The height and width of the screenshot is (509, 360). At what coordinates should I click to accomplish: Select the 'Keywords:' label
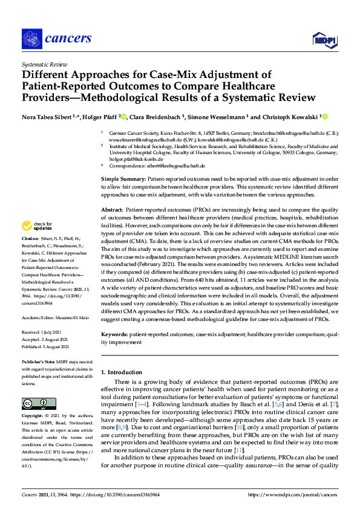pos(114,334)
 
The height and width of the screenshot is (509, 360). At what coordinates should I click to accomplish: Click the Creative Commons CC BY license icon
pos(34,403)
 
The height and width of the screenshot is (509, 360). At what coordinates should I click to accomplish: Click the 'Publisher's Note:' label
pos(39,361)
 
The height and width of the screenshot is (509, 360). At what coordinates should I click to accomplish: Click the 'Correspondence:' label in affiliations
pos(128,166)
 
